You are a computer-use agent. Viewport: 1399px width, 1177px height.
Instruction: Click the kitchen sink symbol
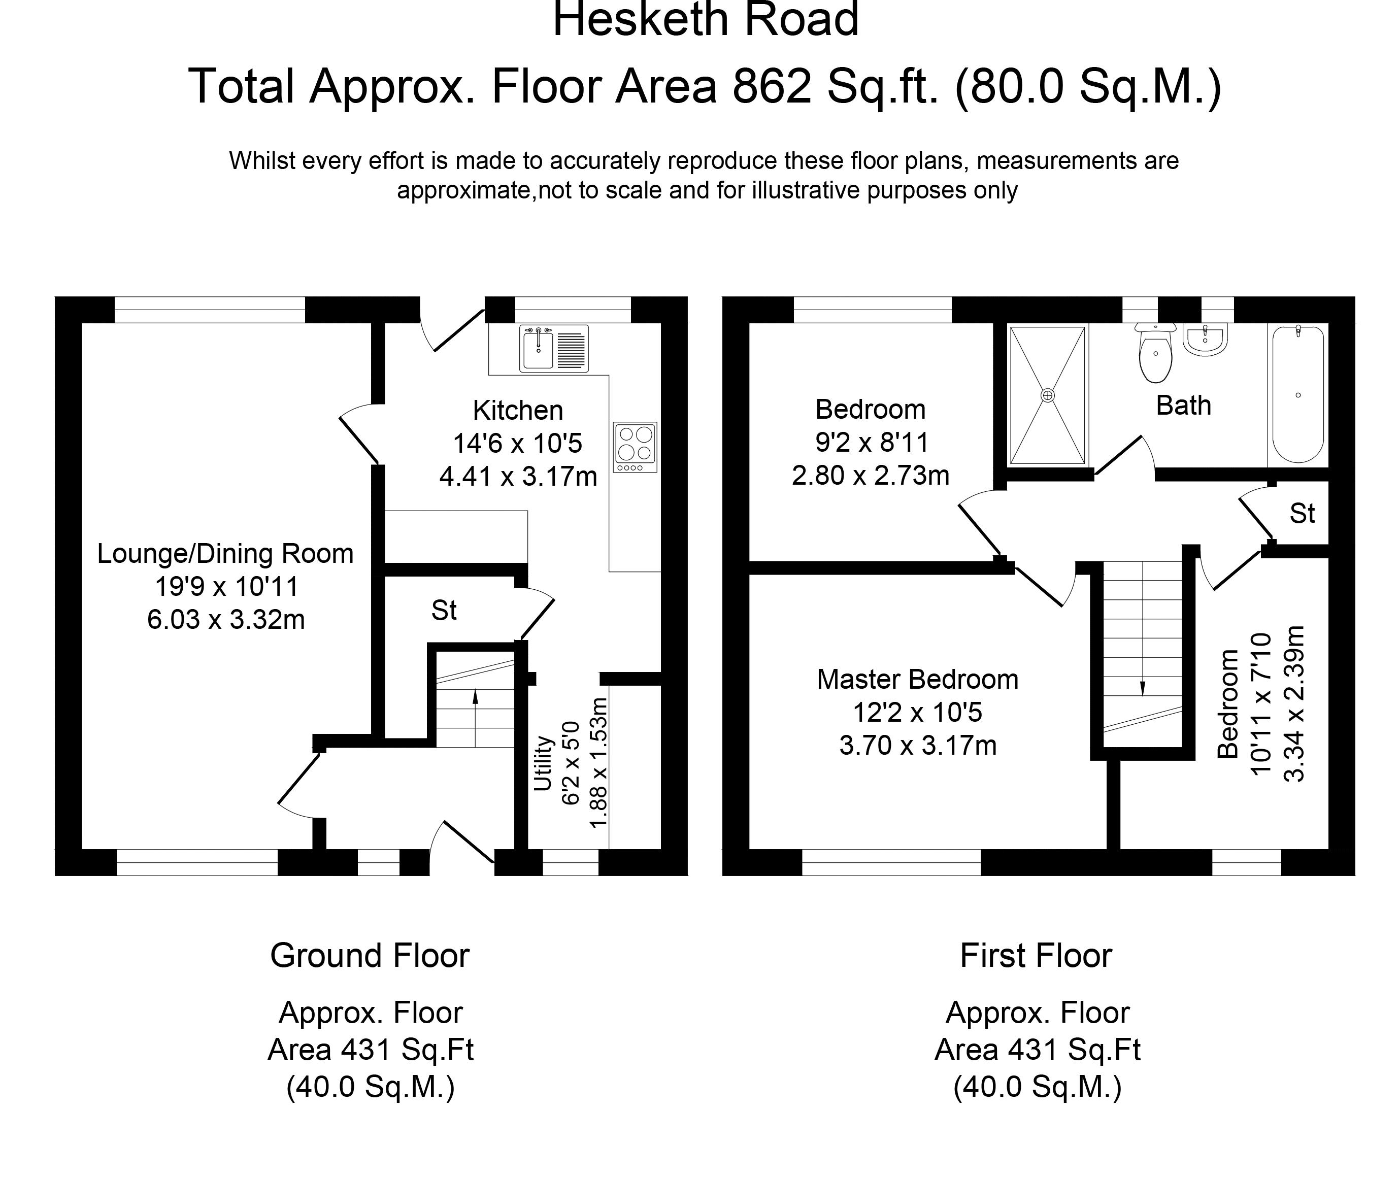pos(554,348)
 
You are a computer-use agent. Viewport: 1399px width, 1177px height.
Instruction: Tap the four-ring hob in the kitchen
pos(635,448)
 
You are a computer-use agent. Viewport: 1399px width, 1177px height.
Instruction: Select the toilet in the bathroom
pos(1155,353)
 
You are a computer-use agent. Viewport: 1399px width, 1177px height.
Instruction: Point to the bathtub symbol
pos(1297,394)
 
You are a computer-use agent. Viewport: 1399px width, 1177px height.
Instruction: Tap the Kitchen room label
pos(518,410)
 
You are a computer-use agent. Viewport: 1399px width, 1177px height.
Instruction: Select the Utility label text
pos(544,763)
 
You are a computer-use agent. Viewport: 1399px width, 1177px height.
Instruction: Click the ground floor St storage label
pos(444,611)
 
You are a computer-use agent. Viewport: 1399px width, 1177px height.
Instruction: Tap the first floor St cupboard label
pos(1302,514)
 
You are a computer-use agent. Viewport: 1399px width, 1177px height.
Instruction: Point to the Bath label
pos(1183,406)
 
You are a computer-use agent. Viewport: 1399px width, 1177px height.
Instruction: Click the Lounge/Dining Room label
pos(225,554)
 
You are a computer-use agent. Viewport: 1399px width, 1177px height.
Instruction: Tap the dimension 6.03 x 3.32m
pos(225,620)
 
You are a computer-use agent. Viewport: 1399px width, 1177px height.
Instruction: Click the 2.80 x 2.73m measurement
pos(871,476)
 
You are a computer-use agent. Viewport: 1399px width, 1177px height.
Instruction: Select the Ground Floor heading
pos(370,956)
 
